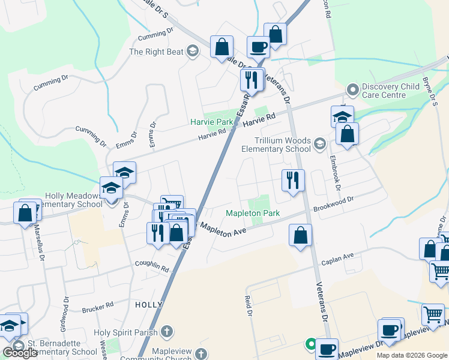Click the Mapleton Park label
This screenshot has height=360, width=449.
(x=253, y=213)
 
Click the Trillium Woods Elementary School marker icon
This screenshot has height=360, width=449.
(x=319, y=143)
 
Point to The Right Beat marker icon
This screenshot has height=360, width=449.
(x=192, y=51)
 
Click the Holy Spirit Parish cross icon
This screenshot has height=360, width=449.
(x=167, y=332)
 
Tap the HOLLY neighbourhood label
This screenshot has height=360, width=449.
(x=149, y=305)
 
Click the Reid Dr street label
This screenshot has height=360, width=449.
(x=247, y=305)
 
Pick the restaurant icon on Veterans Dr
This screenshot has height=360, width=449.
(x=293, y=181)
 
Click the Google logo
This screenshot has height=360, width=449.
(x=20, y=353)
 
